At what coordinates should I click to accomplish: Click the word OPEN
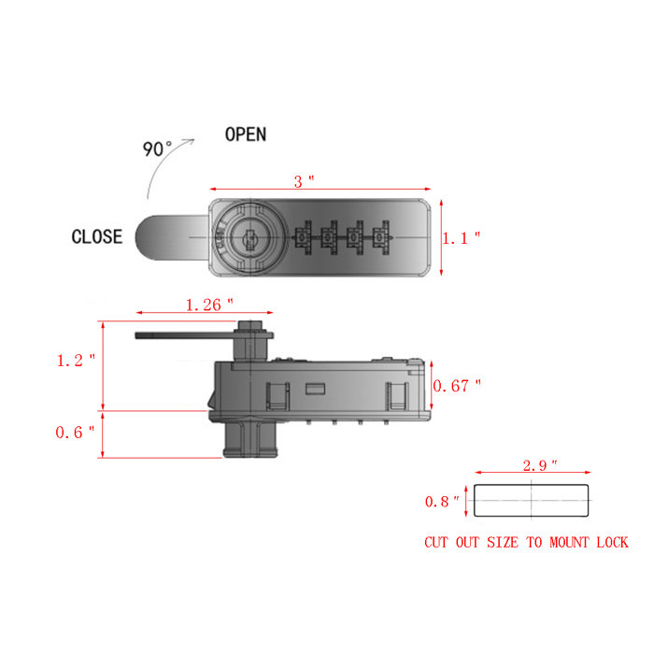[245, 134]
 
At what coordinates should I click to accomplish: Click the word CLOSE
[96, 236]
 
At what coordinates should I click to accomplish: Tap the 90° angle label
[157, 149]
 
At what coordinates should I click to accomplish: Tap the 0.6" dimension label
[76, 432]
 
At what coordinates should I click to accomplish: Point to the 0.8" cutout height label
[442, 502]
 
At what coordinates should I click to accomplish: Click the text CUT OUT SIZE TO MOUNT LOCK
[526, 542]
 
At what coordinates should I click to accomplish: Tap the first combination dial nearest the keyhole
[305, 238]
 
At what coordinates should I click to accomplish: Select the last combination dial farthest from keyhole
[379, 238]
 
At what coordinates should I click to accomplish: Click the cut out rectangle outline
[532, 502]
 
